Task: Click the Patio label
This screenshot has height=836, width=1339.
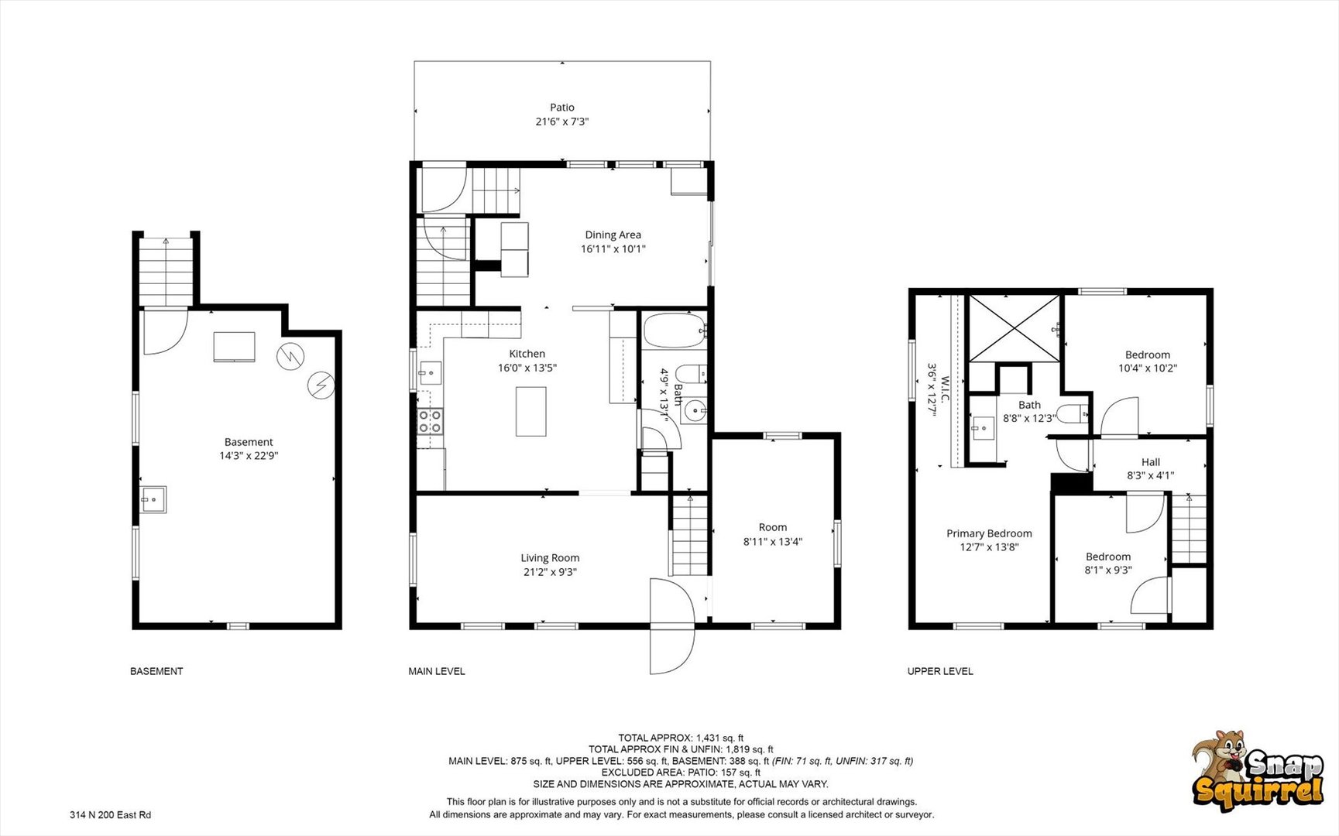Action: click(562, 108)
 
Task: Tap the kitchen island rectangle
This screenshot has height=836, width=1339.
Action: click(531, 411)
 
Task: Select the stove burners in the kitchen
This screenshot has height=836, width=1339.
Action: click(430, 422)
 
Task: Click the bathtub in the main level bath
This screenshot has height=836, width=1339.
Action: click(674, 331)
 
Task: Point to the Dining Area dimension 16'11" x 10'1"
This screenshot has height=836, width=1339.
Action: click(613, 249)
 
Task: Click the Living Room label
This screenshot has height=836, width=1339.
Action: click(550, 558)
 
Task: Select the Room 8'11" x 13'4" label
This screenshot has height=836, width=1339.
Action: click(772, 534)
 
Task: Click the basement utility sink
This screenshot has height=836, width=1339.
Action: click(153, 499)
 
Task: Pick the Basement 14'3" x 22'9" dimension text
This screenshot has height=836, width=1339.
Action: click(249, 456)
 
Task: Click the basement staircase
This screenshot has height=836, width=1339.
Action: click(166, 272)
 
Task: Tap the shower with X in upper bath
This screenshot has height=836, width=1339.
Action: click(1014, 327)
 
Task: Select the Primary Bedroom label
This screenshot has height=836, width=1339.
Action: click(989, 533)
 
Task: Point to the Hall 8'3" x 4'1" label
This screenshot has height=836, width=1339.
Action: click(1150, 469)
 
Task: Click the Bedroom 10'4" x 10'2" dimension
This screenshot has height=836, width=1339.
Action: click(1147, 368)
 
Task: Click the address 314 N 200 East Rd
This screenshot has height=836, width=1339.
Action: click(110, 814)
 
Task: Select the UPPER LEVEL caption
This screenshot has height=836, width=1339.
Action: click(940, 671)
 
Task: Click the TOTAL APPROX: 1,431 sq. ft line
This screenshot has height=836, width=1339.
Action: click(680, 738)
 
